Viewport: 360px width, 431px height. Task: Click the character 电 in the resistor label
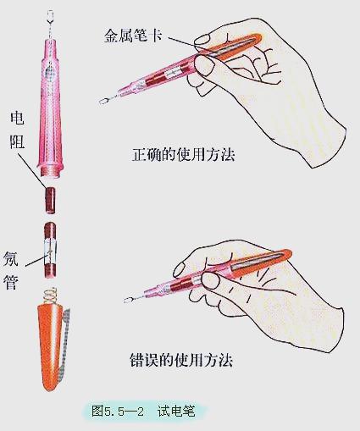16,118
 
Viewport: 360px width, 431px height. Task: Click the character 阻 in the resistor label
16,141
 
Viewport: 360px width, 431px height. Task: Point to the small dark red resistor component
50,200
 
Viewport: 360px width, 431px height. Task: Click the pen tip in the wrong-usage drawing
130,299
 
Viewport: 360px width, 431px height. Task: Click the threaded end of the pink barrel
50,174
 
